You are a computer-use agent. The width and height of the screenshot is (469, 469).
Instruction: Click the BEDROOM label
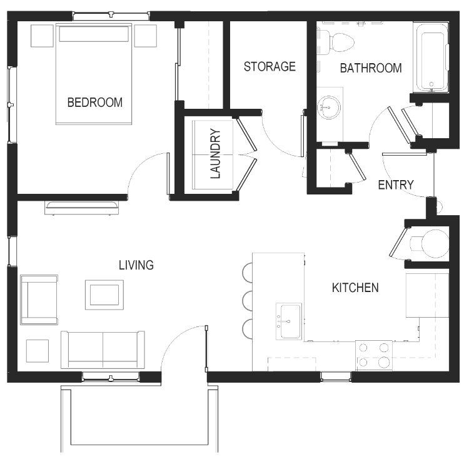pos(95,103)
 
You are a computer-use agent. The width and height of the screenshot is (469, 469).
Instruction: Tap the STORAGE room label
pos(270,66)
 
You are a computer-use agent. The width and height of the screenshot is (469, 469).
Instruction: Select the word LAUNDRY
pos(215,154)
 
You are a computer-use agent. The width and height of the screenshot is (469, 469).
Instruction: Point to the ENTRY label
pos(396,185)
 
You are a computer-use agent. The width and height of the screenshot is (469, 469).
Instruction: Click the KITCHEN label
pos(355,288)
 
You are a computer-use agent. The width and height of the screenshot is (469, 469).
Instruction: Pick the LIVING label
pos(136,265)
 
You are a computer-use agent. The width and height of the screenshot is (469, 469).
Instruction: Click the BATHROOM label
pos(371,68)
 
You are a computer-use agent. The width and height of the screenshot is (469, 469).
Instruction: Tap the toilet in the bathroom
pos(336,41)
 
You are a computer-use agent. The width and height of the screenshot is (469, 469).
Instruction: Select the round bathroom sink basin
pos(329,108)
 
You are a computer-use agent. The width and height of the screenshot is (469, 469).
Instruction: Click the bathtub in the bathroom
pos(431,57)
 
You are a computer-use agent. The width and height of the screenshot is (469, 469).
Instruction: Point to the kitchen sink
pos(289,321)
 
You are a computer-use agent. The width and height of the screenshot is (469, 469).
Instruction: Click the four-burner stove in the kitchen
pos(373,356)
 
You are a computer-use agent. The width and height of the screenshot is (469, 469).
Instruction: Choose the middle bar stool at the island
pos(248,301)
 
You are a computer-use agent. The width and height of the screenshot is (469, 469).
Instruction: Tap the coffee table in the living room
pos(104,295)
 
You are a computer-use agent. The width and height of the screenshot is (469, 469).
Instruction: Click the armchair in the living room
pos(39,300)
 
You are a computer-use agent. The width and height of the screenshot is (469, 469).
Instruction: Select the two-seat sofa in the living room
pos(103,350)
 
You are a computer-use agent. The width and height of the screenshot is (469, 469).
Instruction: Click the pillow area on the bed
pos(94,34)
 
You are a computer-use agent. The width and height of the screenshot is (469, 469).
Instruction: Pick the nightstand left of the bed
pos(42,36)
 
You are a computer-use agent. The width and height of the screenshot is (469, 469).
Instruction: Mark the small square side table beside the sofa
pos(38,351)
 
